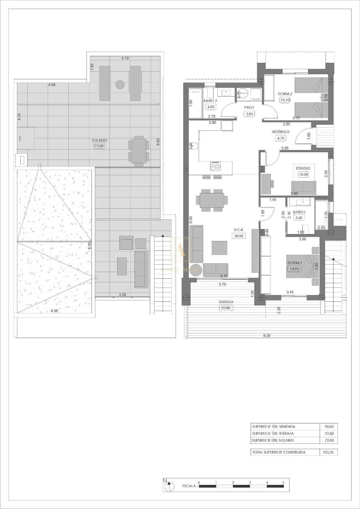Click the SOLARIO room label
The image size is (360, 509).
[x=99, y=140]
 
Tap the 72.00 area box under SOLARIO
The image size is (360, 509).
[x=99, y=146]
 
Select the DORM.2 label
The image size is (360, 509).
[x=284, y=94]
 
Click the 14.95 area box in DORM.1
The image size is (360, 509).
[x=292, y=268]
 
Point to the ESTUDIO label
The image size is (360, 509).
[x=303, y=168]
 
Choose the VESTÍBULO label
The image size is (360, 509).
[x=281, y=132]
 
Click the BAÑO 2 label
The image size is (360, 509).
[x=211, y=101]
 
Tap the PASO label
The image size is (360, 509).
[x=249, y=108]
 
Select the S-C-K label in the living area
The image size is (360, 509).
[x=238, y=230]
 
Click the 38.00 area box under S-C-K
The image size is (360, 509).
[x=238, y=236]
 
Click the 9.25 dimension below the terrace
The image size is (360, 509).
[x=267, y=336]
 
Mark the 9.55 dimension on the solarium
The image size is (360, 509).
[x=158, y=143]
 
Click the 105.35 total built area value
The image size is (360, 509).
[x=328, y=453]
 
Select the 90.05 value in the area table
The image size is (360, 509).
[x=328, y=427]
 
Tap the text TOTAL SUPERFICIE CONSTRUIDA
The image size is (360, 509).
[x=278, y=453]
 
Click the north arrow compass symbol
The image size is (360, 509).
[x=169, y=485]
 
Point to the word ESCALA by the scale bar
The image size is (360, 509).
[x=188, y=486]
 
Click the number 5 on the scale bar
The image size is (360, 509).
[x=284, y=483]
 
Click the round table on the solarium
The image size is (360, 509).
[x=120, y=85]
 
